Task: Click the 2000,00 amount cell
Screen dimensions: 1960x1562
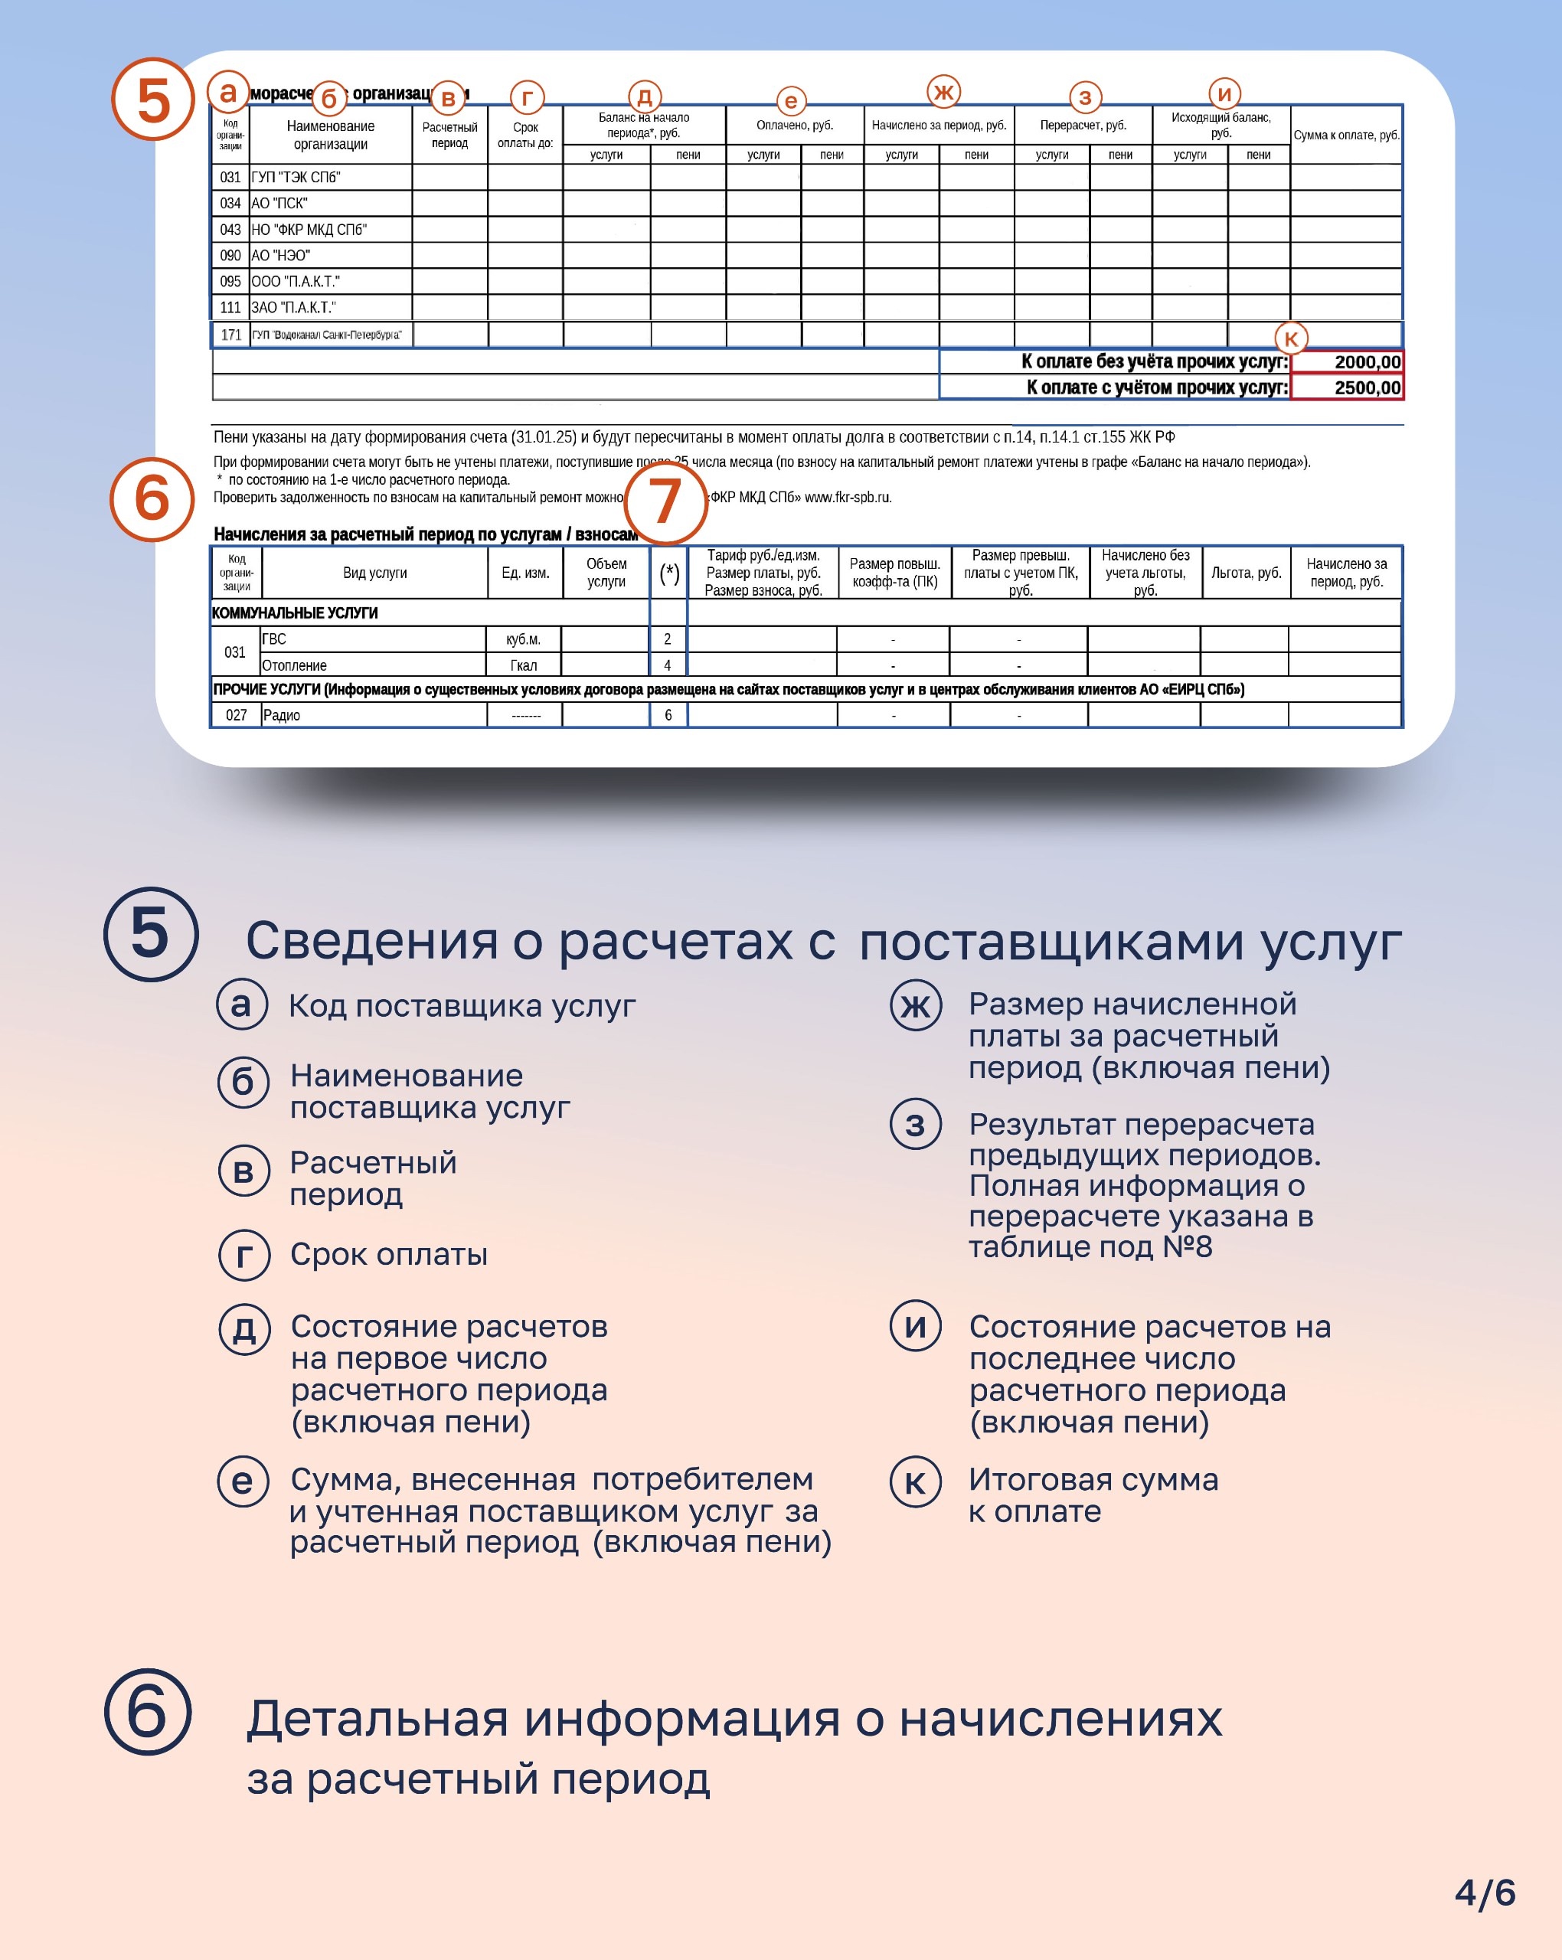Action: point(1347,362)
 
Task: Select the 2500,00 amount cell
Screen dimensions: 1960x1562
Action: point(1347,388)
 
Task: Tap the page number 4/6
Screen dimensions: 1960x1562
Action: point(1485,1893)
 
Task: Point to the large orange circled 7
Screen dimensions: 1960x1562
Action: point(666,501)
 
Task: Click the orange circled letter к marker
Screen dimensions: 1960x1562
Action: point(1290,339)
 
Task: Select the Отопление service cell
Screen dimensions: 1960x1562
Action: point(295,665)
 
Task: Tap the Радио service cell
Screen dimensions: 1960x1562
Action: point(282,715)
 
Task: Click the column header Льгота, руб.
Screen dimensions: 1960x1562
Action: point(1246,573)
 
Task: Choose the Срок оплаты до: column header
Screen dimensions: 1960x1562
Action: point(525,136)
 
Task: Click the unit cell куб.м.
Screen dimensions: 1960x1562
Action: point(524,639)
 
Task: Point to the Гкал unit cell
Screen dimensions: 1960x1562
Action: point(524,665)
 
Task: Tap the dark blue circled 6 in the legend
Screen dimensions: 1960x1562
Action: point(149,1711)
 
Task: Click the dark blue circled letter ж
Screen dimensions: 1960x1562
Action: point(916,1005)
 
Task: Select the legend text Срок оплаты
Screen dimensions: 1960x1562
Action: point(388,1255)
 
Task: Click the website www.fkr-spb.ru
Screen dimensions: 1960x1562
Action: point(848,497)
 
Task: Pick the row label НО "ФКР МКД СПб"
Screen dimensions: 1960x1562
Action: point(309,230)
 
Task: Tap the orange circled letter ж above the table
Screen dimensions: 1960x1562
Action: point(944,92)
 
